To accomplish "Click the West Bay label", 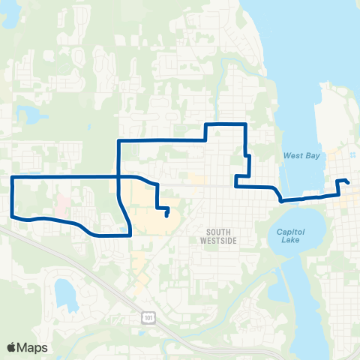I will click(301, 155).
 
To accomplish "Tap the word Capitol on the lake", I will click(288, 231).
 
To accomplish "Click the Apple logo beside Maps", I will click(12, 347).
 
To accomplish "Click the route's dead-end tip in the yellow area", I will click(166, 216).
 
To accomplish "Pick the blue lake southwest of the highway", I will click(65, 292).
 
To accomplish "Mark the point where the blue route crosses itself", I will click(118, 177).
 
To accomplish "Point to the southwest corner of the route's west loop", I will click(12, 217).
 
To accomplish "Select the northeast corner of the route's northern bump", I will click(244, 123).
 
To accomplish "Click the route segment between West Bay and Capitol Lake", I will click(304, 198).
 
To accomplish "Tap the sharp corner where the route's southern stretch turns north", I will click(130, 234).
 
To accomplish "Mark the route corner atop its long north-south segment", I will click(118, 140).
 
